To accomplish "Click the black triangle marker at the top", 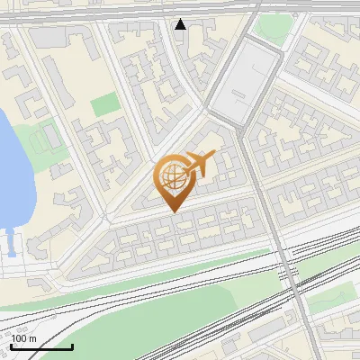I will pyautogui.click(x=181, y=24).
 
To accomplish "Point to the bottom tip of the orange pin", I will pyautogui.click(x=173, y=211).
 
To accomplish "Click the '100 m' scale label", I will pyautogui.click(x=23, y=337).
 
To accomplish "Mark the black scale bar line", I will pyautogui.click(x=41, y=346).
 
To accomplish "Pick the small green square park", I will pyautogui.click(x=104, y=104).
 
